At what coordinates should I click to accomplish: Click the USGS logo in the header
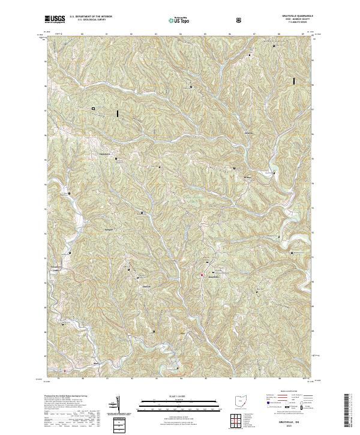coord(55,19)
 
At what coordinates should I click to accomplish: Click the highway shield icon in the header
coord(240,19)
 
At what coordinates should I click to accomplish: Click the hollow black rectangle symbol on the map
coord(94,108)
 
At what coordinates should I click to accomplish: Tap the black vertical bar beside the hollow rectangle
coord(118,112)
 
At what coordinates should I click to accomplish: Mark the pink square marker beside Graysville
coord(202,275)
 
